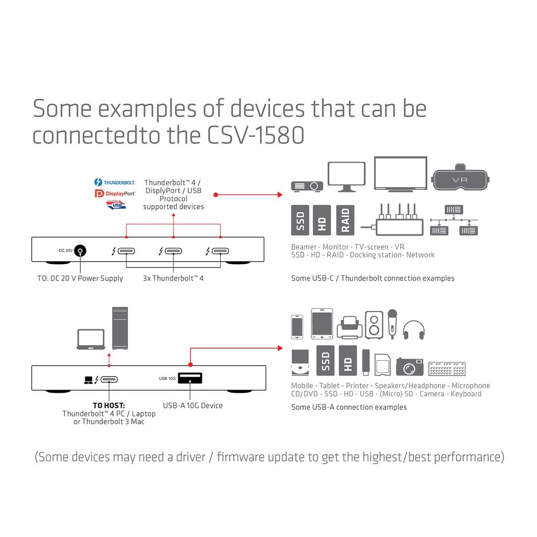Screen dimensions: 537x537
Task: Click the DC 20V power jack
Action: (x=80, y=251)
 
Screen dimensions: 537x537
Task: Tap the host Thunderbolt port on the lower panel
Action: (x=109, y=379)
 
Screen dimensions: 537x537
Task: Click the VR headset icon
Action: (x=460, y=180)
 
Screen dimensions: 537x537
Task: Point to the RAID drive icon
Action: (x=346, y=220)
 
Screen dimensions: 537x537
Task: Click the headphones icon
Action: (x=413, y=329)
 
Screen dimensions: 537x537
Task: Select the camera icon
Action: (x=409, y=367)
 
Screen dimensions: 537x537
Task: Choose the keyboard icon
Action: (x=447, y=369)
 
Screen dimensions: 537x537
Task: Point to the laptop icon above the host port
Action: (x=91, y=339)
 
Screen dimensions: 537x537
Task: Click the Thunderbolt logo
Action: (x=115, y=182)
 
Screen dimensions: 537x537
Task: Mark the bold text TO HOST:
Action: (x=109, y=405)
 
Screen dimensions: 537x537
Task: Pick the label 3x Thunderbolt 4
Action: (x=173, y=278)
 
